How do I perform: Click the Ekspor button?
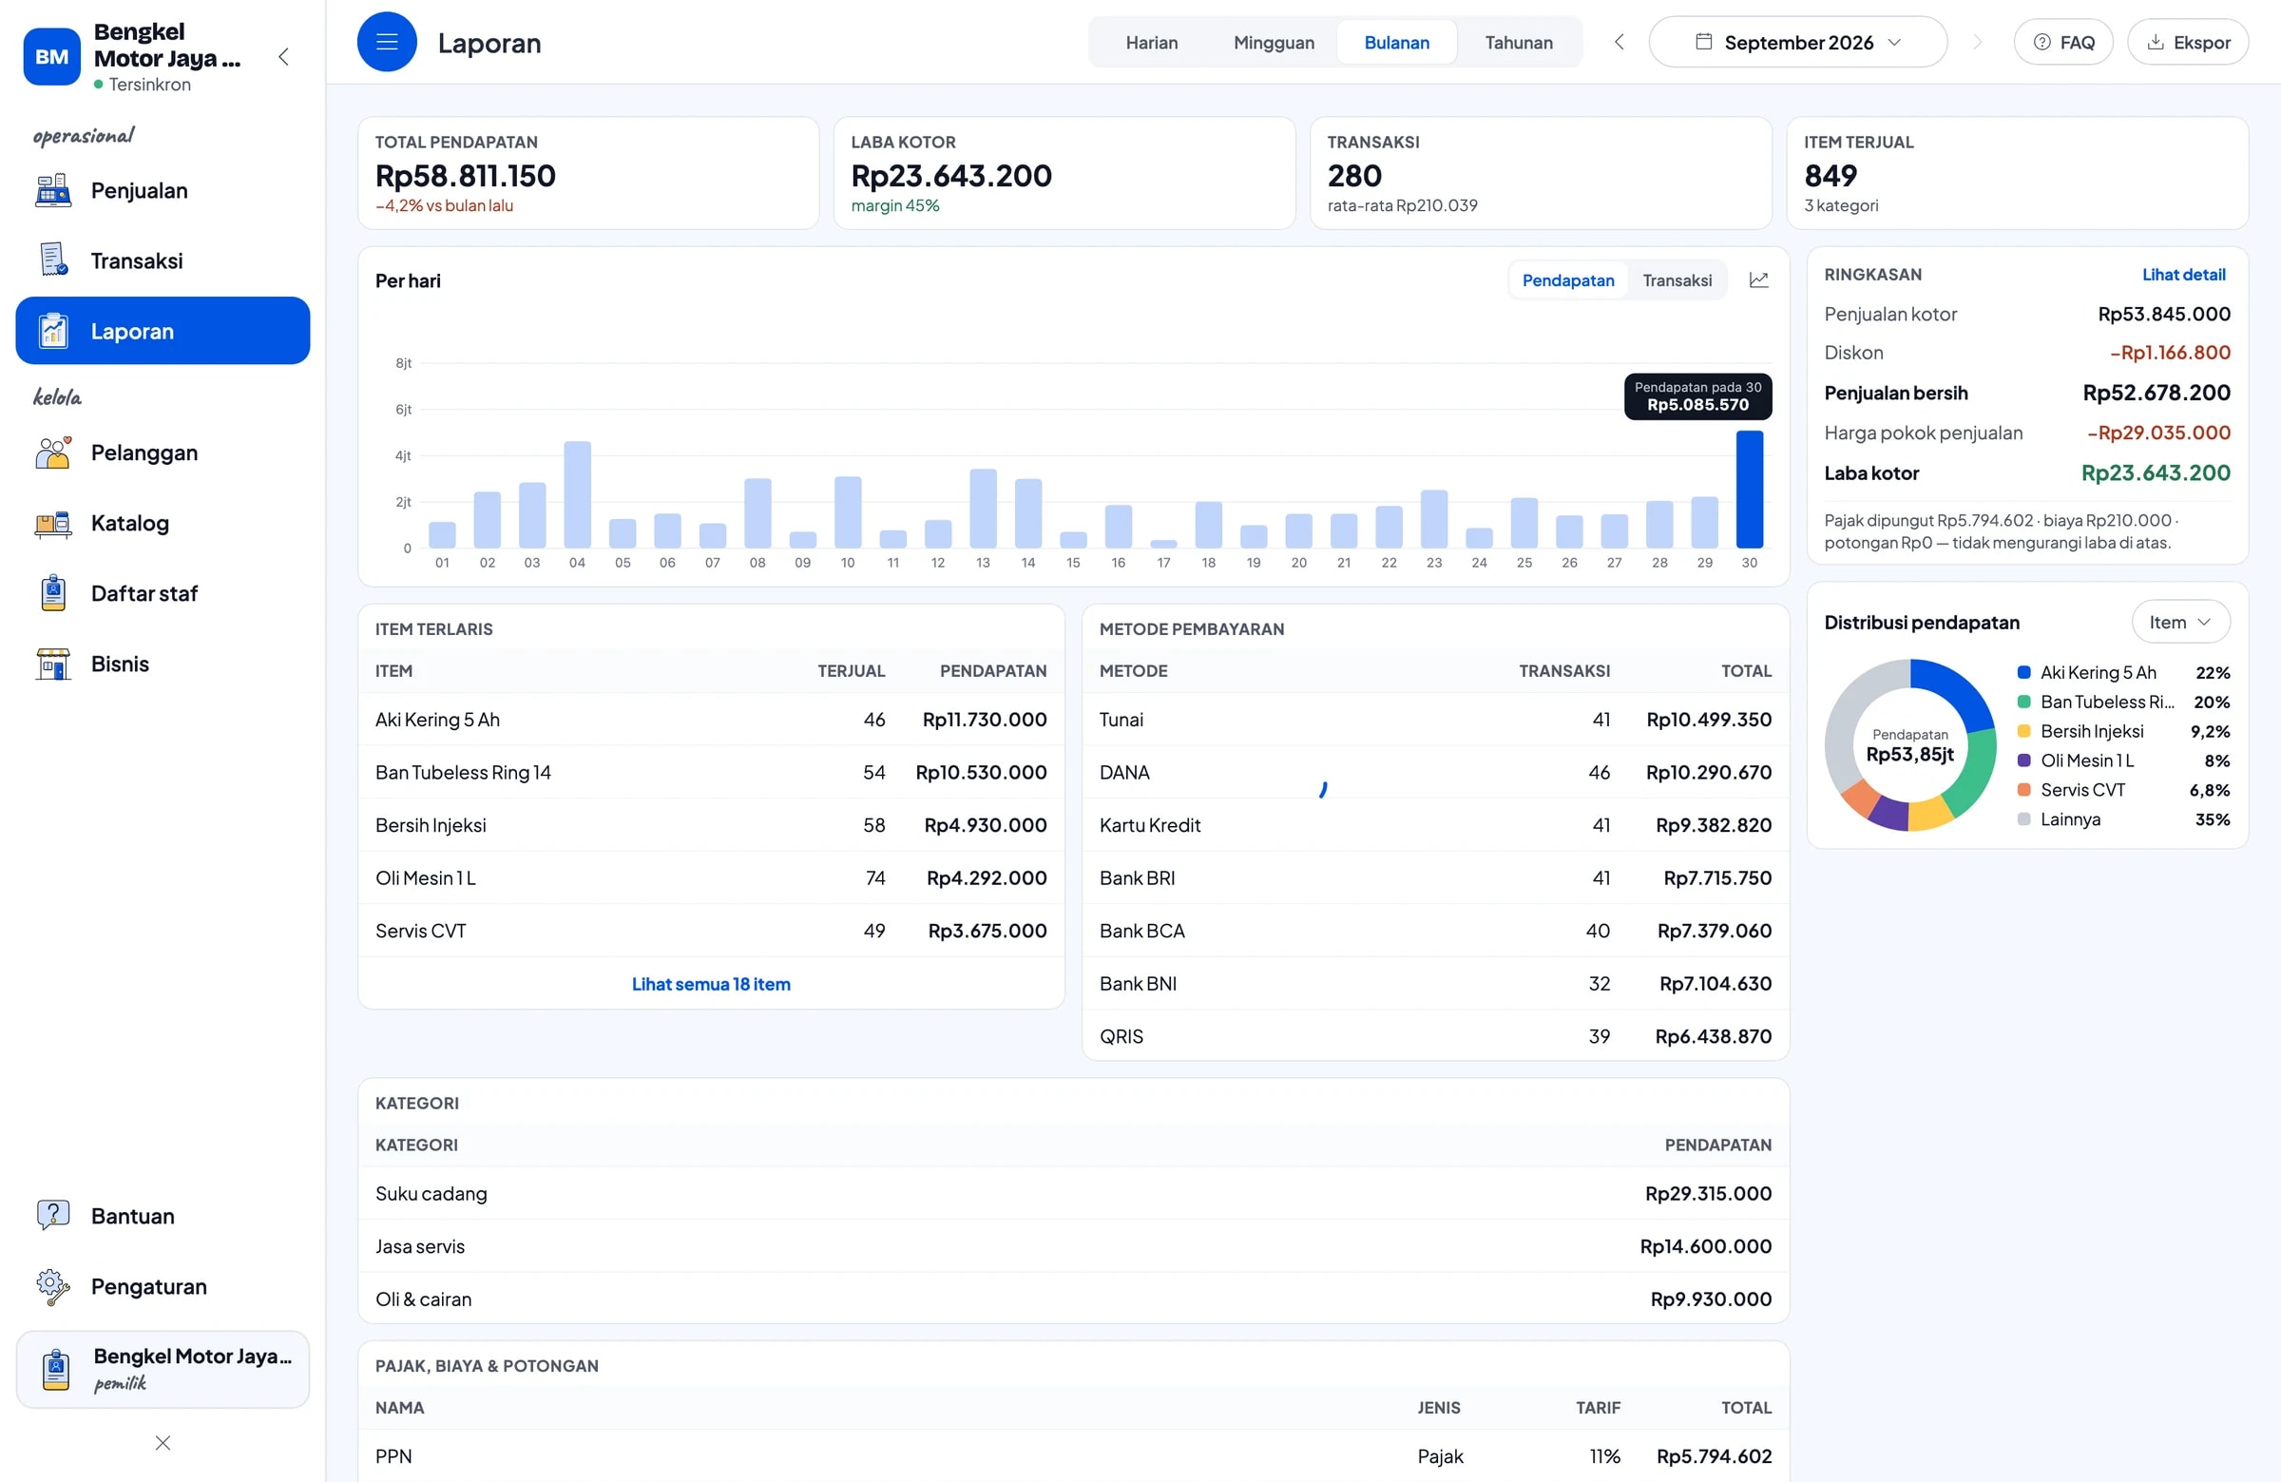tap(2187, 42)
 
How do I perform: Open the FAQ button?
tap(2062, 42)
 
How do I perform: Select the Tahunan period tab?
tap(1518, 42)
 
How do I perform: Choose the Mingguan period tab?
tap(1274, 42)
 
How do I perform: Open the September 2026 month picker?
tap(1797, 42)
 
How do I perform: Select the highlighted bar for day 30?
tap(1749, 489)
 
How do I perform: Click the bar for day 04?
tap(577, 494)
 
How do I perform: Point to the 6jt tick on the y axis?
tap(404, 410)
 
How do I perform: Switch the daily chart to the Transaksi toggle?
tap(1677, 279)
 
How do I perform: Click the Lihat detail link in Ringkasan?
tap(2183, 274)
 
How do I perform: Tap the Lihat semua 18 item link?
tap(711, 984)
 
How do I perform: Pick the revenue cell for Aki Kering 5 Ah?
tap(985, 719)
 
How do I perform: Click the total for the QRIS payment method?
tap(1713, 1035)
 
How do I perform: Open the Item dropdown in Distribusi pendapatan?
tap(2180, 622)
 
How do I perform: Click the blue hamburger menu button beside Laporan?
tap(387, 42)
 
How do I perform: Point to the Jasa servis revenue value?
tap(1705, 1246)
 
